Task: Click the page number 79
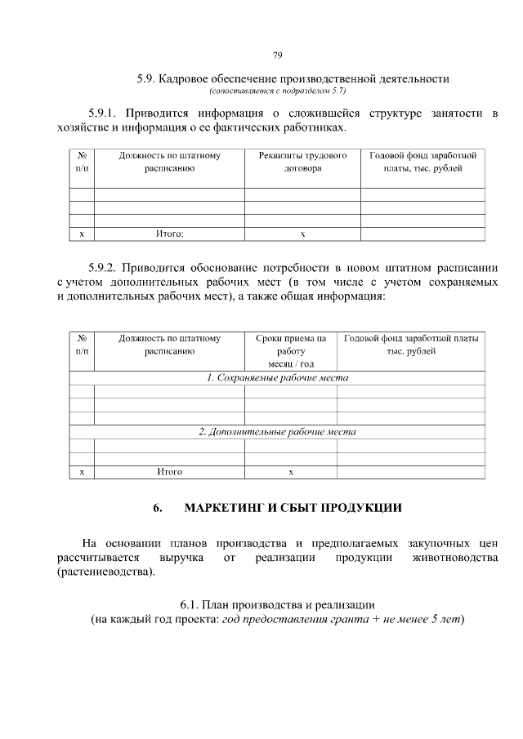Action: click(x=277, y=56)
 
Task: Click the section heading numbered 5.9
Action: click(x=293, y=79)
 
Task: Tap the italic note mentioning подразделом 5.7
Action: click(x=278, y=91)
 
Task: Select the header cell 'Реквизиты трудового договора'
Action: click(x=302, y=162)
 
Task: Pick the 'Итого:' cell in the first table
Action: click(x=169, y=234)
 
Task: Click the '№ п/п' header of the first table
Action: click(x=82, y=162)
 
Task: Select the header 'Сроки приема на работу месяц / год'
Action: click(x=290, y=349)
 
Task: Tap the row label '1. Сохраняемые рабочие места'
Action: click(x=277, y=378)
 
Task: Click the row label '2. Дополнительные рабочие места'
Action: click(x=277, y=431)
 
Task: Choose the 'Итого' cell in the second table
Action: click(x=169, y=472)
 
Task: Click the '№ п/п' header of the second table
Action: click(x=82, y=344)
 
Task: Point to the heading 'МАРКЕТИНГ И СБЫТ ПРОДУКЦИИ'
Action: click(x=293, y=508)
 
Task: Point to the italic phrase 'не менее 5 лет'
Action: click(x=420, y=619)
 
